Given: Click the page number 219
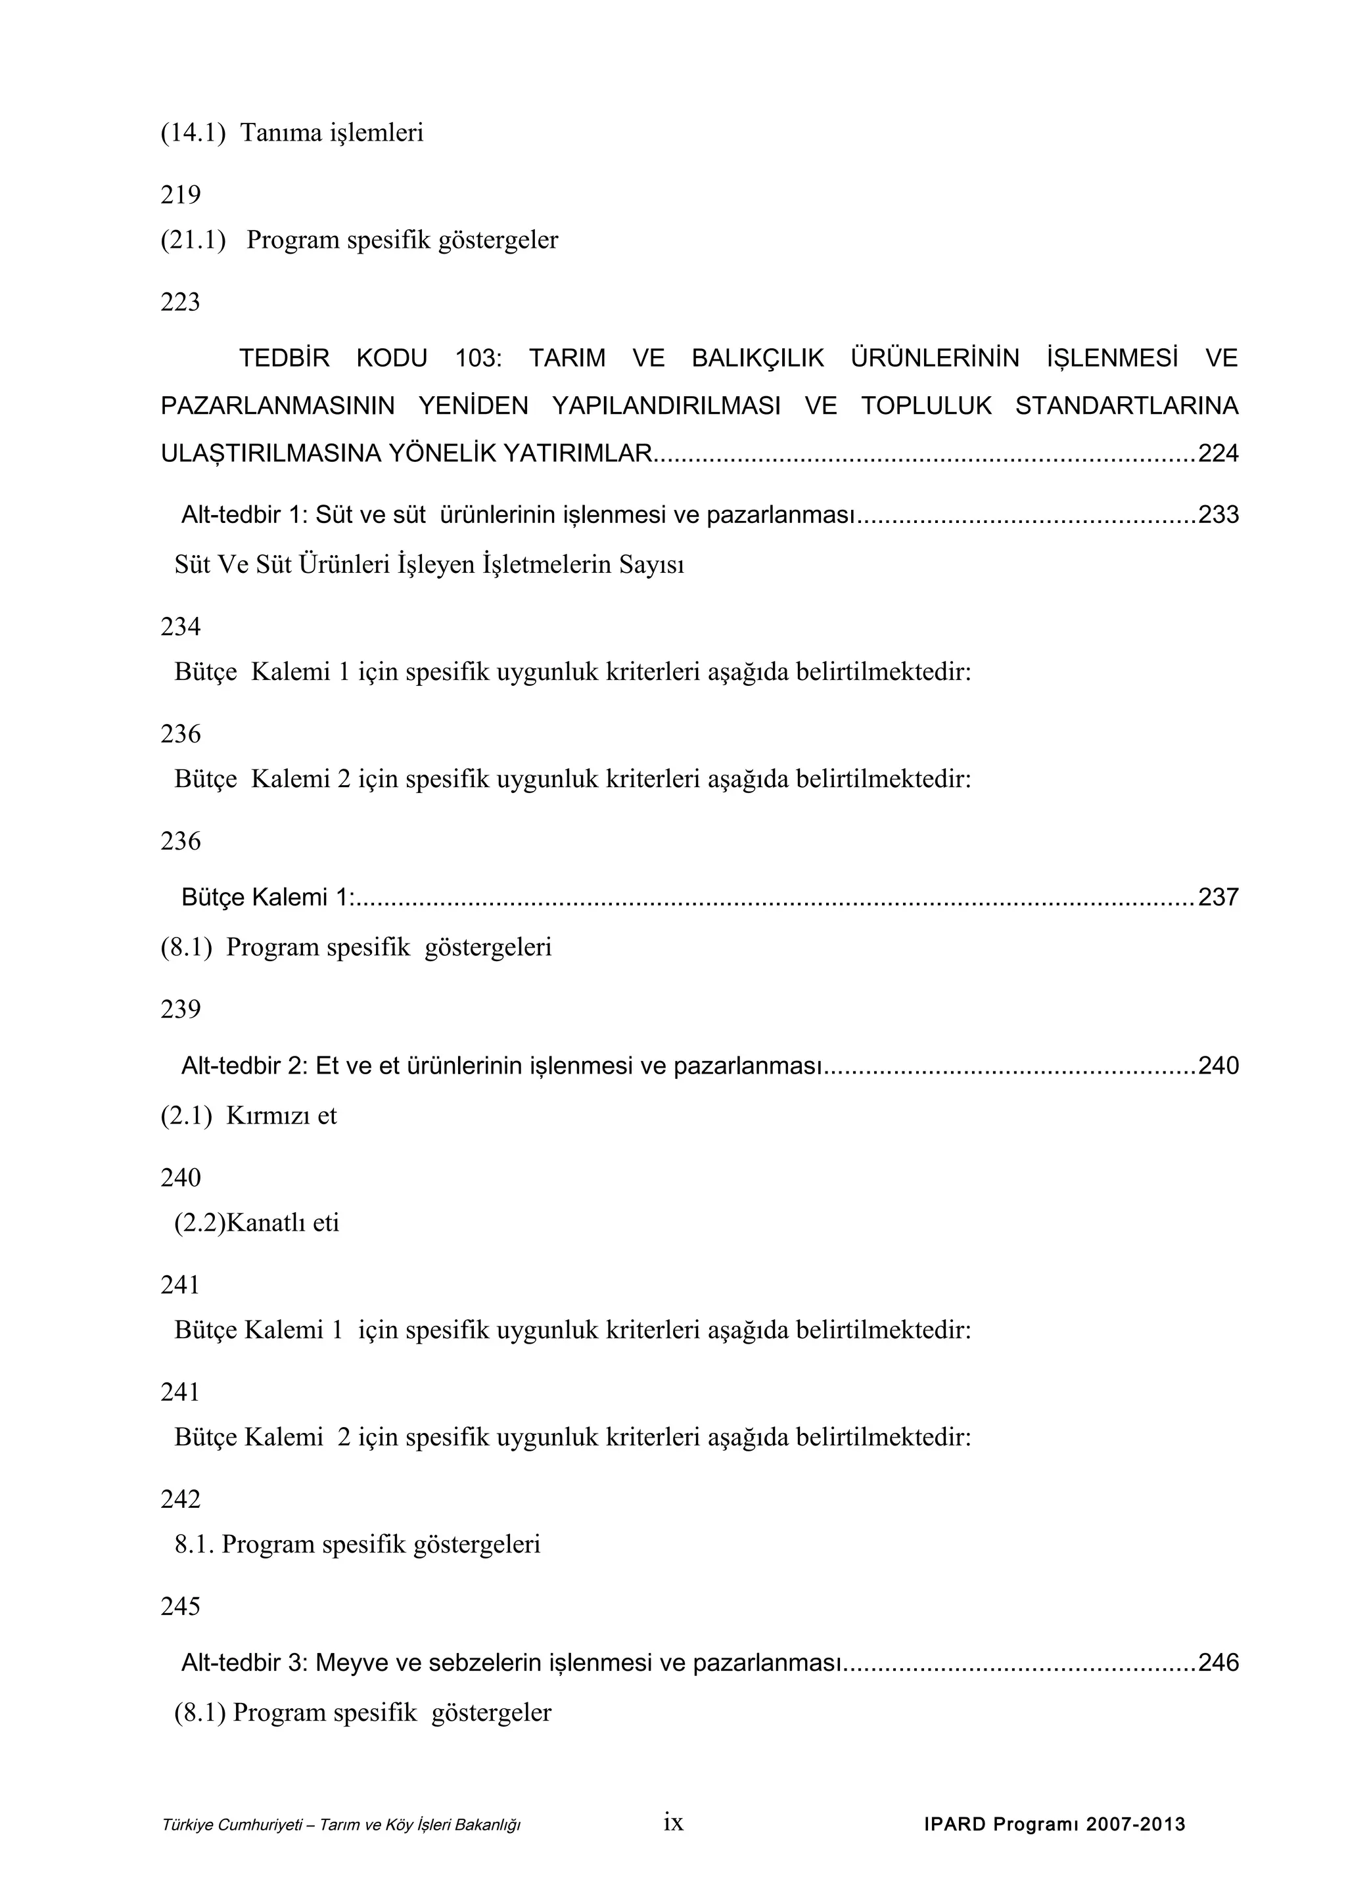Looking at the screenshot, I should pyautogui.click(x=180, y=195).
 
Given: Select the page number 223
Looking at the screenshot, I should pyautogui.click(x=180, y=302).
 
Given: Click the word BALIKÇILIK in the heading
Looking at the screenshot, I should pyautogui.click(x=757, y=358).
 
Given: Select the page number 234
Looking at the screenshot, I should pyautogui.click(x=180, y=626).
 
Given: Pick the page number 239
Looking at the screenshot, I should pyautogui.click(x=180, y=1009).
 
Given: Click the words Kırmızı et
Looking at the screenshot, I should pyautogui.click(x=281, y=1116).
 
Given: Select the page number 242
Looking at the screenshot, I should pyautogui.click(x=180, y=1499).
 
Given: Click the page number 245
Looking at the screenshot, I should pyautogui.click(x=180, y=1607).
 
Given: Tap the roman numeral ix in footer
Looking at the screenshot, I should pyautogui.click(x=674, y=1822).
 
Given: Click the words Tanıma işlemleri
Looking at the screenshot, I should pyautogui.click(x=332, y=133).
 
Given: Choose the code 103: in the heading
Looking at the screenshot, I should pyautogui.click(x=478, y=358).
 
